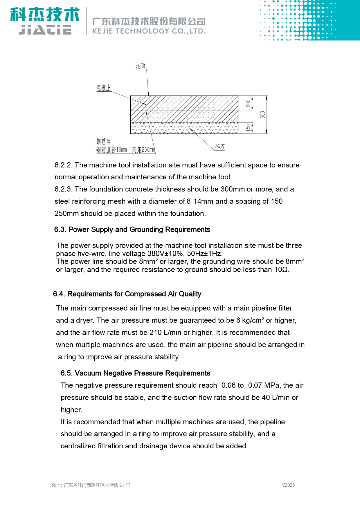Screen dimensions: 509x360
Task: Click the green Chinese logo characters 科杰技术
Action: click(45, 15)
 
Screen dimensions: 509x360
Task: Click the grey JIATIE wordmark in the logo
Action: click(45, 30)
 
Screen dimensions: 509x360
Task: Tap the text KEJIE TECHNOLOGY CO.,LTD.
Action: click(149, 31)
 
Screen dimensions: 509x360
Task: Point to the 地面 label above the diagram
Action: click(141, 66)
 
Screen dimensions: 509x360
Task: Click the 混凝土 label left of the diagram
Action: click(104, 88)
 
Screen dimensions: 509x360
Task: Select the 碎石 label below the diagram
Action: click(220, 147)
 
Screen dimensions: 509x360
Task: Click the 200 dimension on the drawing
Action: click(248, 103)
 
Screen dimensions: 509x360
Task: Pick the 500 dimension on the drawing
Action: click(263, 115)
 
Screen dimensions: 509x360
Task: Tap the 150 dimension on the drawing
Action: click(248, 128)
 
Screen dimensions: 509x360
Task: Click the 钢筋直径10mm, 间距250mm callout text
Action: click(126, 150)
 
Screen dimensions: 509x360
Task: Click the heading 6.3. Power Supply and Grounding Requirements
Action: click(132, 230)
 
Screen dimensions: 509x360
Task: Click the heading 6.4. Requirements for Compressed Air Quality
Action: click(127, 294)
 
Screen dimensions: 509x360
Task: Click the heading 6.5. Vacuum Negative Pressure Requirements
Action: click(135, 373)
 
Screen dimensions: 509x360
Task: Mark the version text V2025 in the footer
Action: click(288, 485)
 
